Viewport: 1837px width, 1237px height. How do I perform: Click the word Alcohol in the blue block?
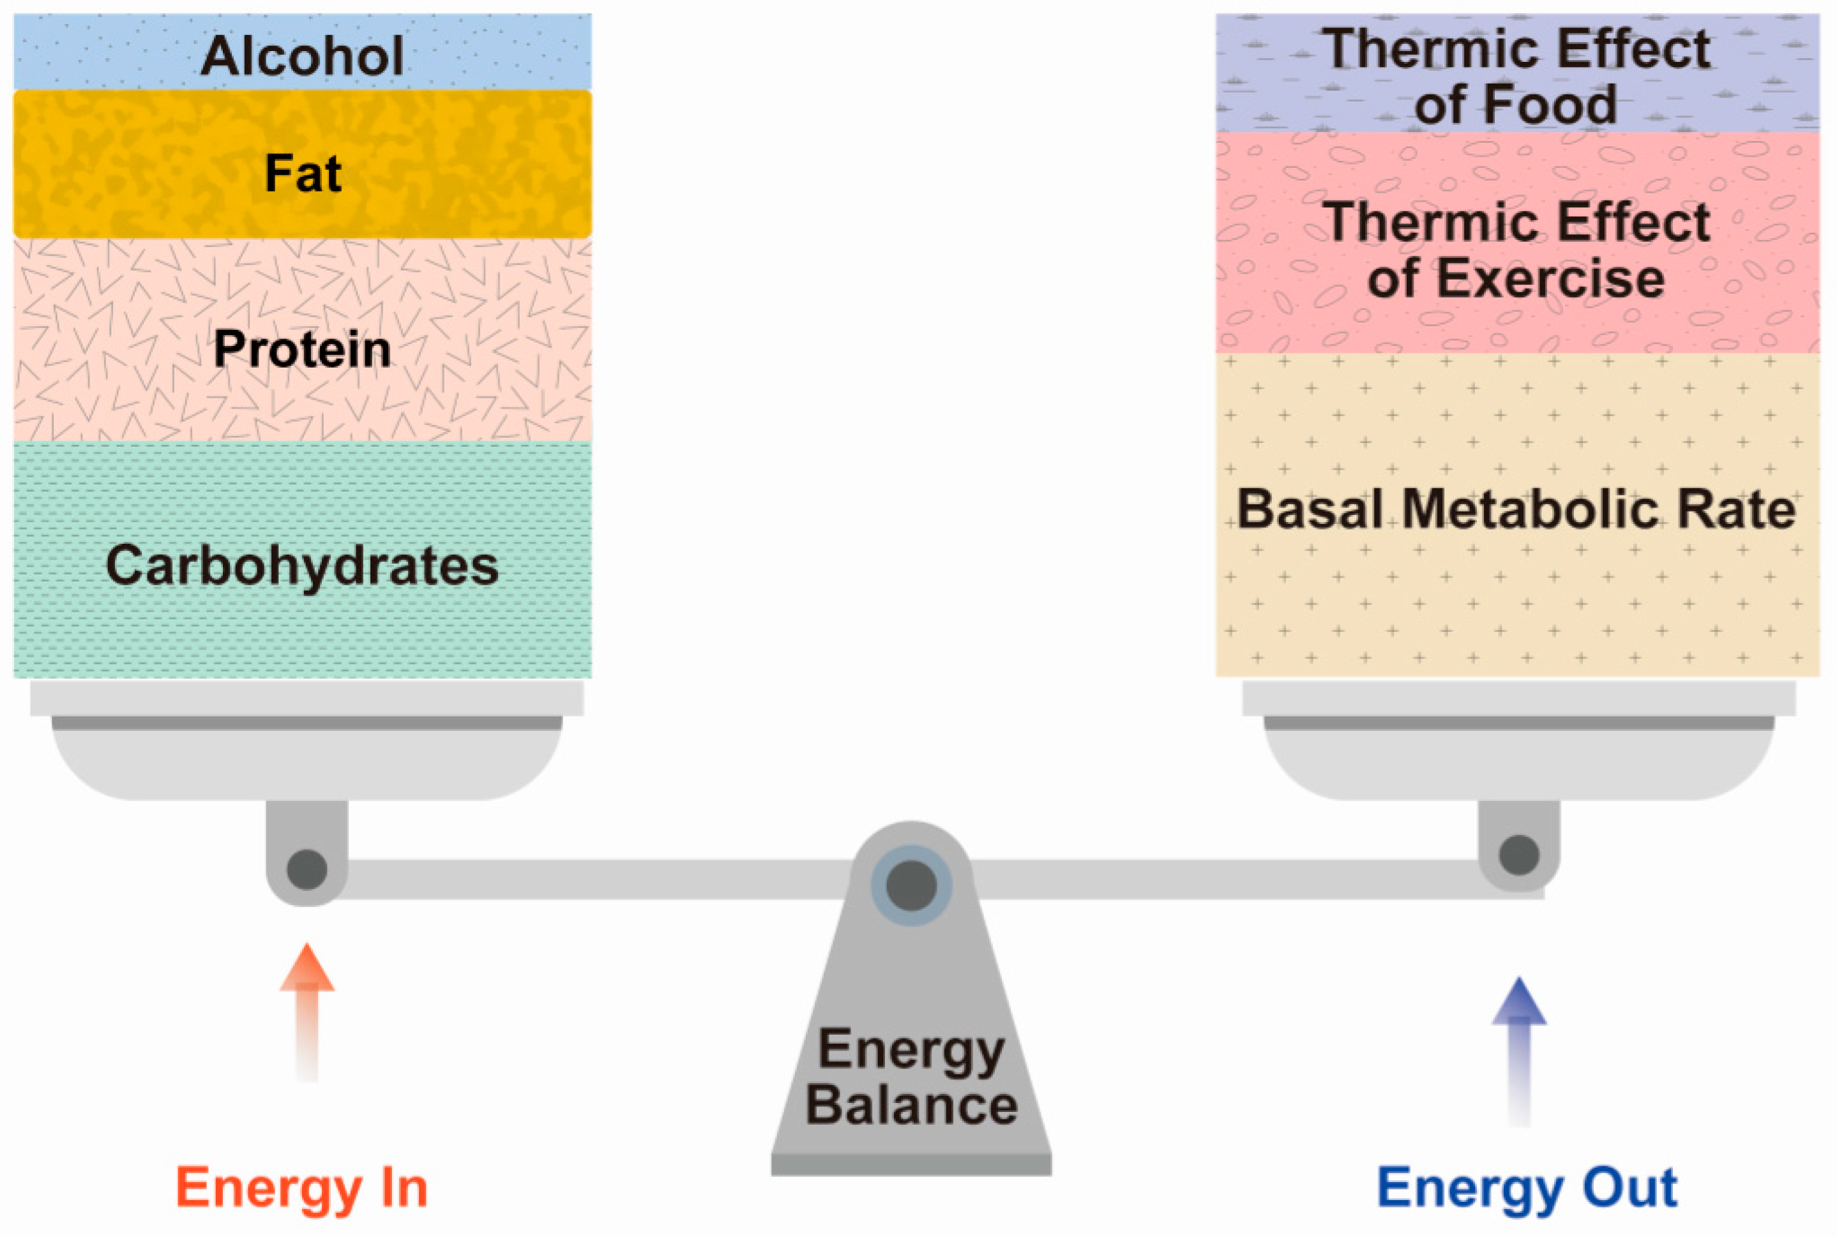coord(302,56)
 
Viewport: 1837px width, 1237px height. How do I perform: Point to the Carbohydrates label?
coord(302,565)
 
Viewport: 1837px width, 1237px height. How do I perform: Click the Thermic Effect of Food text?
coord(1515,77)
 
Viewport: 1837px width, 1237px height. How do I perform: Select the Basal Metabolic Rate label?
coord(1515,509)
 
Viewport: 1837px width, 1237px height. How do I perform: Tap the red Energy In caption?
coord(301,1187)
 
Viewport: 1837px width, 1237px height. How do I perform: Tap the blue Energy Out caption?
coord(1526,1187)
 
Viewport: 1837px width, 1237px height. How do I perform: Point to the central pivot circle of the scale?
coord(911,885)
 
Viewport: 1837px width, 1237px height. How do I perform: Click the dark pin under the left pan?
coord(307,869)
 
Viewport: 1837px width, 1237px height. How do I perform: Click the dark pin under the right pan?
coord(1518,855)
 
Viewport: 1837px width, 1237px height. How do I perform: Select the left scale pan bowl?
coord(307,761)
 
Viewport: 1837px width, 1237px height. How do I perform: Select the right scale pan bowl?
coord(1518,761)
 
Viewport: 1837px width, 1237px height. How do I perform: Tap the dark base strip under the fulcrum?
coord(911,1164)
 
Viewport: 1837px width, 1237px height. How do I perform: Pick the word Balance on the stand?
coord(911,1104)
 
